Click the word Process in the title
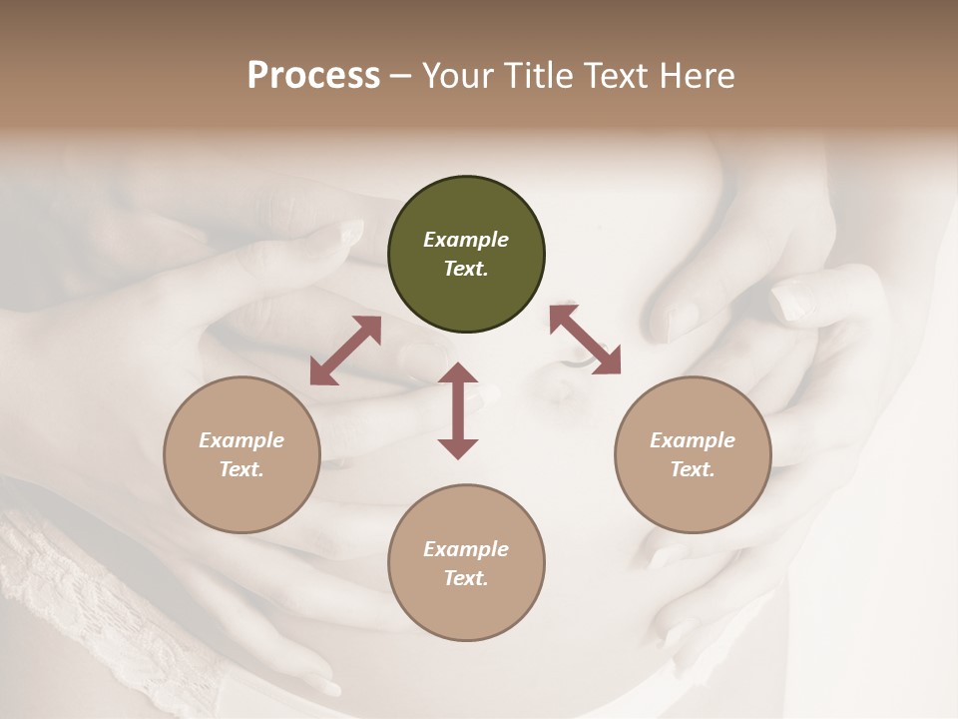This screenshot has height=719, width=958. (x=313, y=76)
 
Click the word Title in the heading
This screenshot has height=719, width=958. (x=534, y=76)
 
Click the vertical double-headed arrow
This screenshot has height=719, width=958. (x=458, y=410)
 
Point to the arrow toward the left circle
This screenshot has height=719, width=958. (x=345, y=351)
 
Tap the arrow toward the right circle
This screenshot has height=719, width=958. (x=585, y=340)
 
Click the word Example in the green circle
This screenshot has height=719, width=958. (x=466, y=240)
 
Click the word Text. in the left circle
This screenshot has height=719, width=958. (x=241, y=469)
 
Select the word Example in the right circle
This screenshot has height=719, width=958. (x=693, y=440)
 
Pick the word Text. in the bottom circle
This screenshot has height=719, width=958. (x=466, y=578)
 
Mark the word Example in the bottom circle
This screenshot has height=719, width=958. (x=466, y=549)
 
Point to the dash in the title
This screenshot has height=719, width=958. (x=401, y=77)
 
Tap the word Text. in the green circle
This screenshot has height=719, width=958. (x=466, y=269)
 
